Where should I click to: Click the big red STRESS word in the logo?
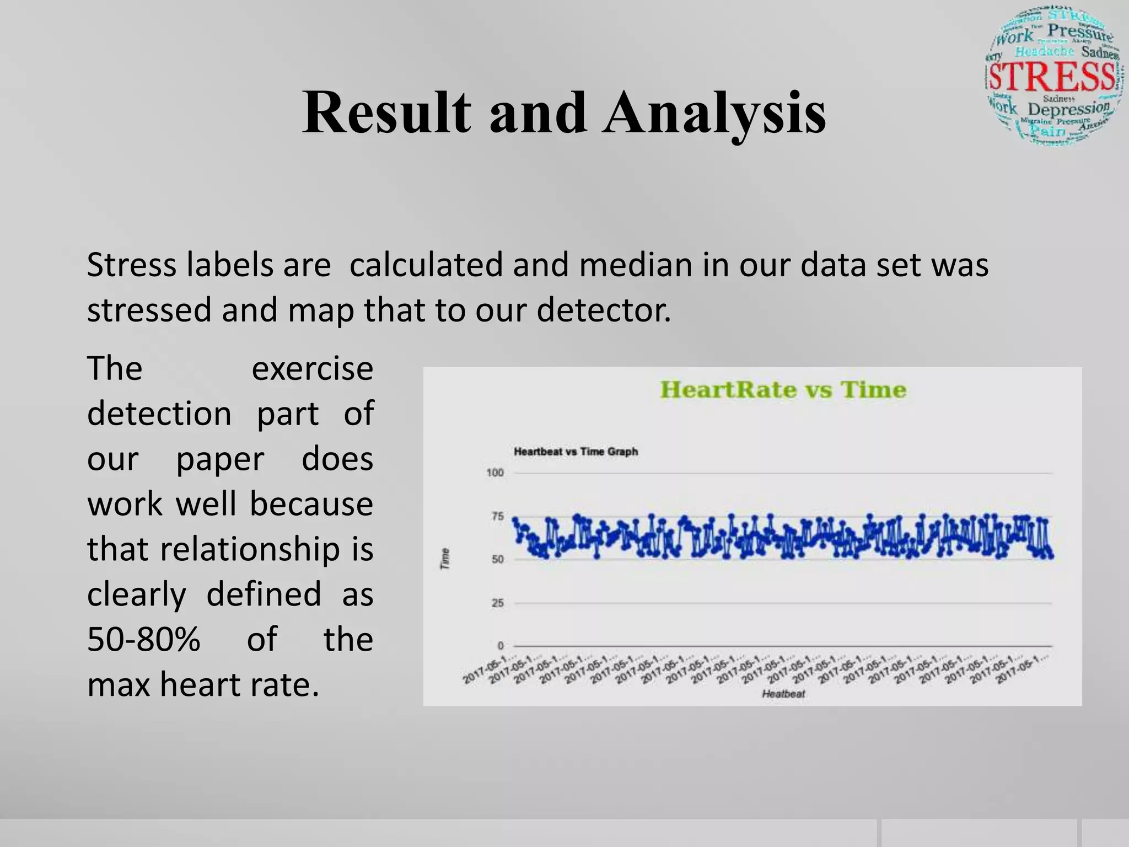click(1052, 77)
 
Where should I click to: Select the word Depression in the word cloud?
click(1068, 108)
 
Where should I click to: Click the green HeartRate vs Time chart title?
click(783, 390)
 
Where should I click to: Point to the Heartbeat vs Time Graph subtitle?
click(576, 452)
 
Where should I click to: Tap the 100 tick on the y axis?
click(494, 473)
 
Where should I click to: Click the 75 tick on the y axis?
click(497, 516)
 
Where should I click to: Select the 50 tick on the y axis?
click(497, 559)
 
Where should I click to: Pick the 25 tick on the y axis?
click(497, 603)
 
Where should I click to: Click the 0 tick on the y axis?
click(501, 645)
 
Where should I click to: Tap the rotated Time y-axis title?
click(445, 559)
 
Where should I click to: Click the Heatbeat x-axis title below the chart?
click(783, 694)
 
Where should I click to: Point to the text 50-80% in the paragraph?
click(143, 639)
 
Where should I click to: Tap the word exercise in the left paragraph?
click(312, 368)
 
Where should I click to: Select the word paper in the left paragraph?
click(220, 459)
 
